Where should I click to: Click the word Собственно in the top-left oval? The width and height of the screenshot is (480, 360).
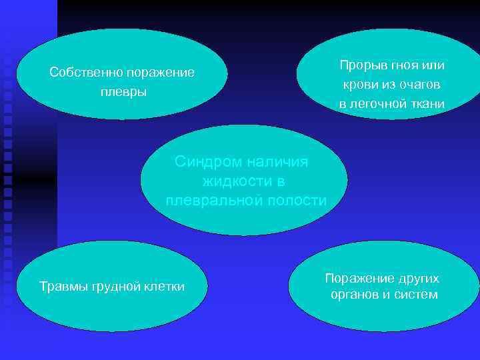click(x=81, y=72)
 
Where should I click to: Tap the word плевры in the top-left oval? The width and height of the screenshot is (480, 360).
click(x=123, y=91)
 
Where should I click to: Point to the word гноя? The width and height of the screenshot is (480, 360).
click(x=401, y=65)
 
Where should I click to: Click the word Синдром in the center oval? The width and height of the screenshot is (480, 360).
click(x=206, y=161)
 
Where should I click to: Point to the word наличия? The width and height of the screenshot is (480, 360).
click(x=280, y=161)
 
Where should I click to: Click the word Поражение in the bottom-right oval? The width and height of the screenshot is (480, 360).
click(x=357, y=277)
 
